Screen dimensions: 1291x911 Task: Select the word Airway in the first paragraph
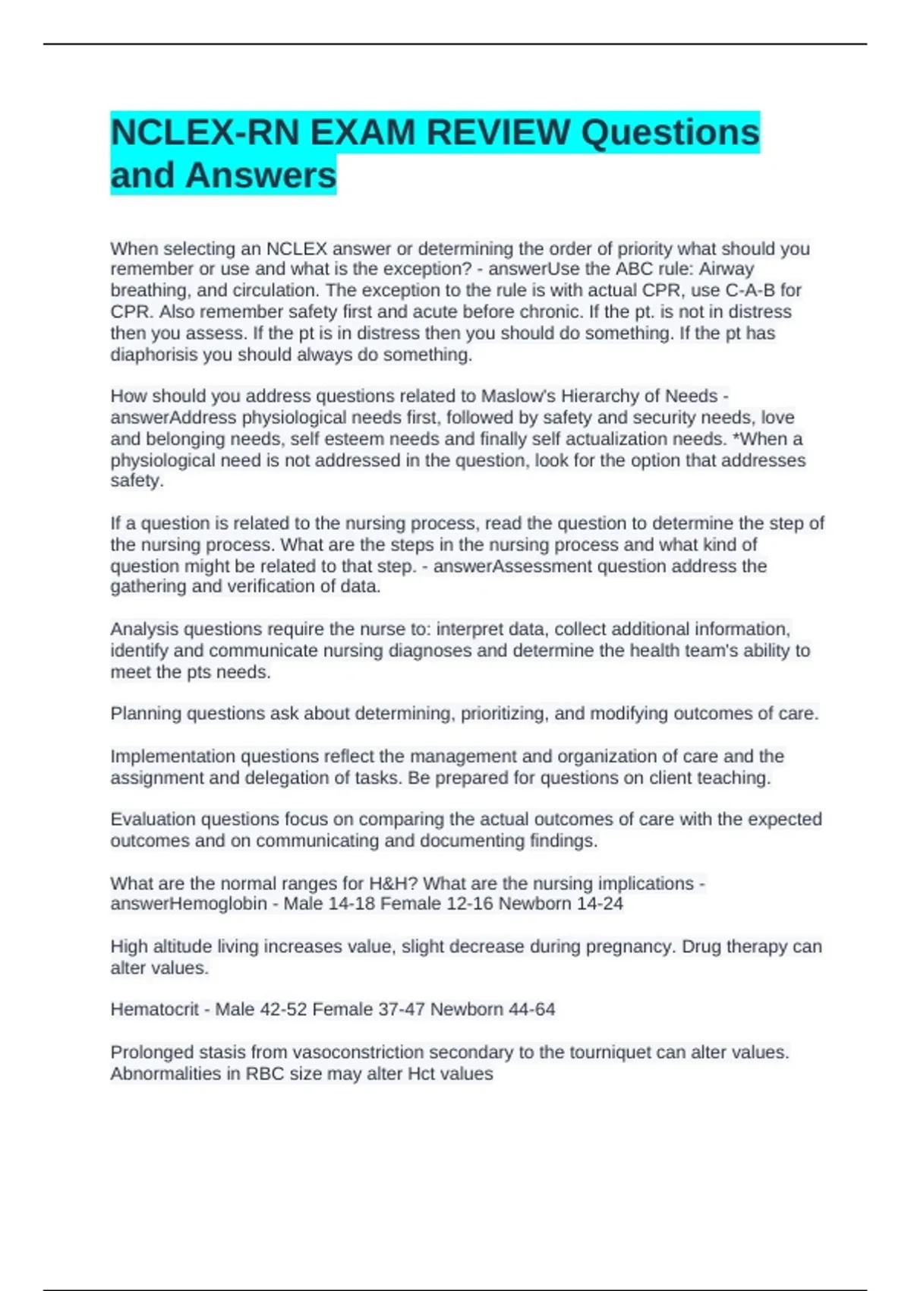tap(726, 270)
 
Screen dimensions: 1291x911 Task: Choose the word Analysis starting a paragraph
tap(144, 630)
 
